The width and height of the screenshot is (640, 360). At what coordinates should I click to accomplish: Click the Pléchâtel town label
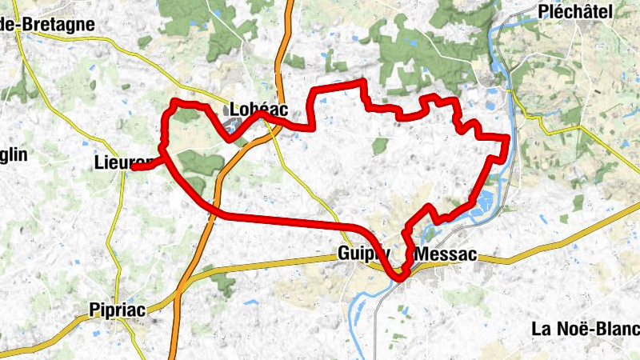[x=576, y=11]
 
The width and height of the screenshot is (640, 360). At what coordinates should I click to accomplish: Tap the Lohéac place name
[x=258, y=109]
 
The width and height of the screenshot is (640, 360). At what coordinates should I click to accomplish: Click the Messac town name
[x=446, y=255]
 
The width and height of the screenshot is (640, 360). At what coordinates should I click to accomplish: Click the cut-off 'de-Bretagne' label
[x=48, y=25]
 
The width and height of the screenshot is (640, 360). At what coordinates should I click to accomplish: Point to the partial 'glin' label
[x=14, y=154]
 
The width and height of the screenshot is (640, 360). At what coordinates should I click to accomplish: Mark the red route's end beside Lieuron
[x=134, y=168]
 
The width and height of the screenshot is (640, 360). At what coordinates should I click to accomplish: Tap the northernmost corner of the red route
[x=364, y=82]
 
